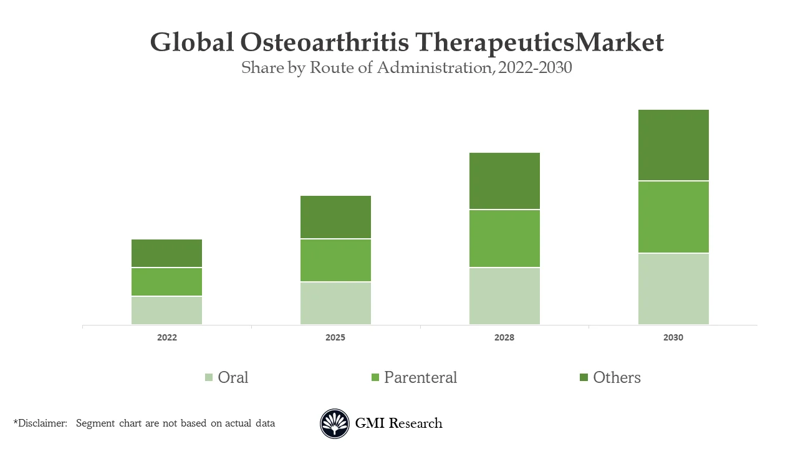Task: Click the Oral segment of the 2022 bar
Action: pos(166,310)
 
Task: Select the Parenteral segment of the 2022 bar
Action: pos(166,282)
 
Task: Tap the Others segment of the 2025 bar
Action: pos(335,217)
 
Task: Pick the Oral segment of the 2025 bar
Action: pos(335,303)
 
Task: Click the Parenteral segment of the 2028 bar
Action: pos(504,238)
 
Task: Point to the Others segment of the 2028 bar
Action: pos(504,181)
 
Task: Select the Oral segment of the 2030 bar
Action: pos(673,289)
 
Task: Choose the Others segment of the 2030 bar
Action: pos(673,145)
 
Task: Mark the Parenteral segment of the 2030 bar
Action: pos(673,217)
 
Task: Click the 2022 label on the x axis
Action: pos(166,337)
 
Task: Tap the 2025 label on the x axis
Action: pos(335,337)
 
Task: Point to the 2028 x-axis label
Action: pos(504,337)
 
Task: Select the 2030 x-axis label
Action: pos(673,337)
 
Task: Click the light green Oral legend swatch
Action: pos(209,377)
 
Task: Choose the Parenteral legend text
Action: pos(420,377)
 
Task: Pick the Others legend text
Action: pos(617,377)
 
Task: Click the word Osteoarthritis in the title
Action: pos(324,42)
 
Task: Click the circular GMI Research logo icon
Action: pos(335,423)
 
